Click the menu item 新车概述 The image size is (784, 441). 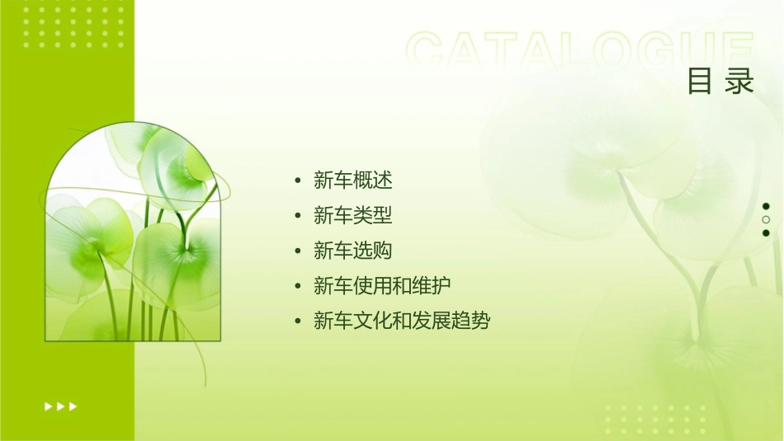click(x=352, y=180)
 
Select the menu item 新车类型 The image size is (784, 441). click(x=352, y=216)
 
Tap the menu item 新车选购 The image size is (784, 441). click(x=352, y=251)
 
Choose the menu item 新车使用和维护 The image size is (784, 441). click(x=381, y=286)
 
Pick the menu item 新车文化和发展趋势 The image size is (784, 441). click(x=401, y=321)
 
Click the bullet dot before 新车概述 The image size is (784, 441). click(x=297, y=181)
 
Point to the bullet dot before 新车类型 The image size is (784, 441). click(x=297, y=216)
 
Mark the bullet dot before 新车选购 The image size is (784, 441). click(x=297, y=251)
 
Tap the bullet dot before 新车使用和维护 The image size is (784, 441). click(x=297, y=286)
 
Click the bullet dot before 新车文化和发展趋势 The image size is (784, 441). click(x=297, y=321)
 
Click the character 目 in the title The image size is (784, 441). click(x=700, y=82)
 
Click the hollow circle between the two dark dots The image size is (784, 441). click(x=766, y=220)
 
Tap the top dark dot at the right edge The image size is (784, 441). click(x=766, y=206)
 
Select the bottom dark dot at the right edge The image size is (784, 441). click(x=766, y=233)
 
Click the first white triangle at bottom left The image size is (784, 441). click(x=48, y=406)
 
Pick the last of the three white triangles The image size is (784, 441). click(x=73, y=406)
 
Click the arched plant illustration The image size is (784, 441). click(x=132, y=235)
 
